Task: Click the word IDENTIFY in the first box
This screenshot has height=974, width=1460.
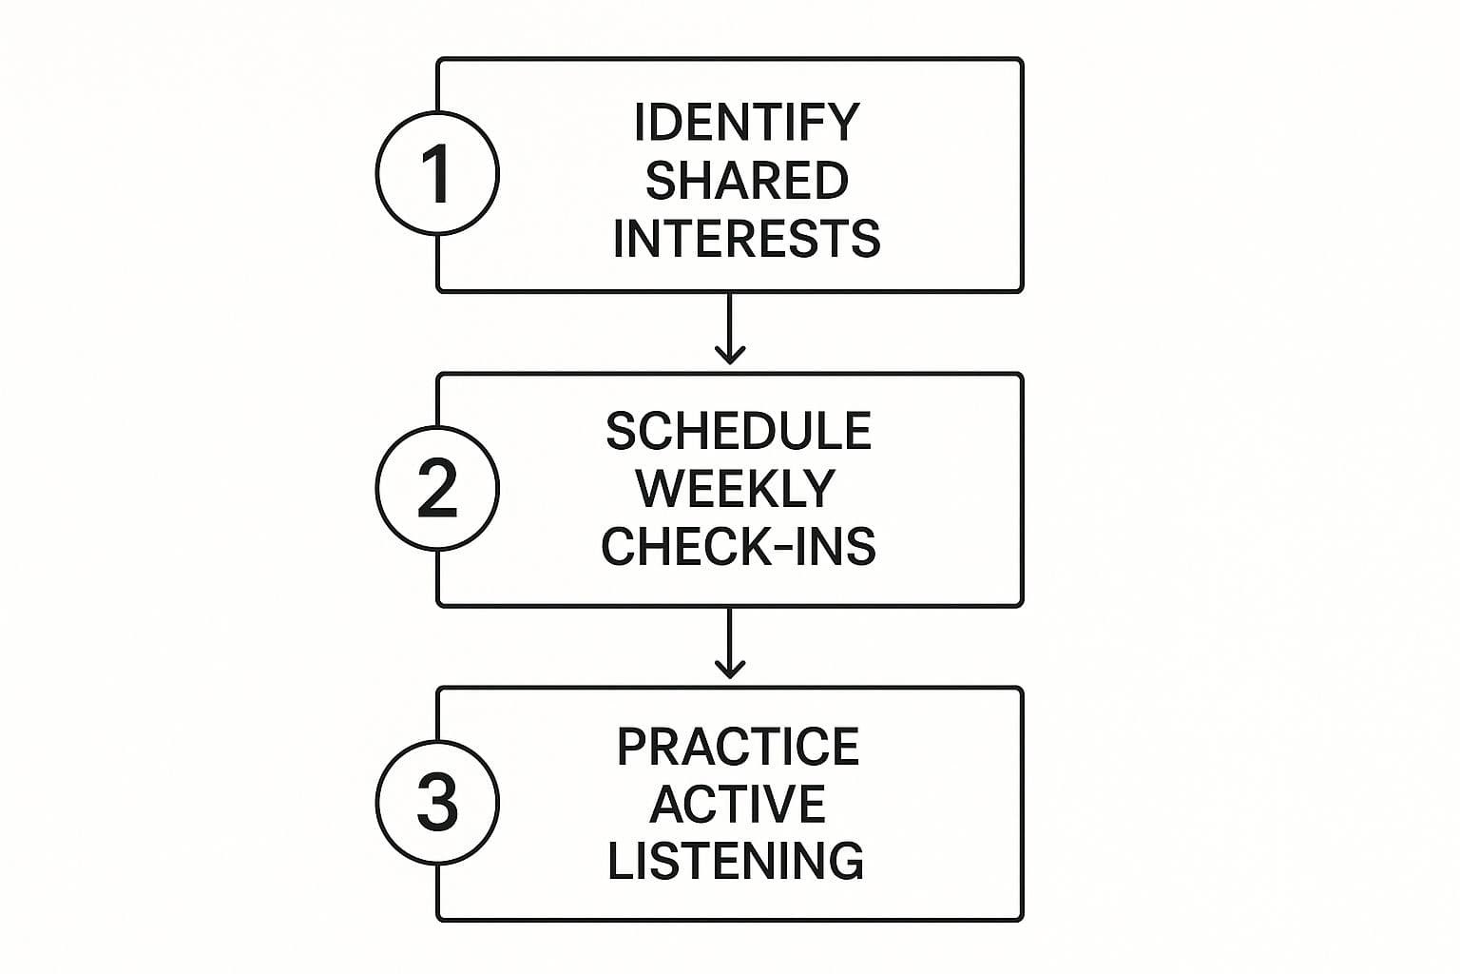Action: (746, 122)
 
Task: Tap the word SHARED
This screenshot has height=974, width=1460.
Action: (746, 180)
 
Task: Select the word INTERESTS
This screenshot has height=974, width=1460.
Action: (746, 238)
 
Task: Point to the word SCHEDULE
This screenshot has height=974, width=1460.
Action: (739, 432)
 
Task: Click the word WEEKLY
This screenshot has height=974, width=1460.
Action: (736, 489)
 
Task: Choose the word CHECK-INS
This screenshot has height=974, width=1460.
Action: (739, 547)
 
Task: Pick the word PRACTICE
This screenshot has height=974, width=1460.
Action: (738, 747)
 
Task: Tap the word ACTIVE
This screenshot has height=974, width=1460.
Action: (738, 804)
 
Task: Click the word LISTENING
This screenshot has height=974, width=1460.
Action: (736, 861)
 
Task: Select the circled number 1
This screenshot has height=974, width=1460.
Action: (437, 173)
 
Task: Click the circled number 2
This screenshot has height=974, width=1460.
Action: (437, 488)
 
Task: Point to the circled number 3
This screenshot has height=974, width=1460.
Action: (437, 802)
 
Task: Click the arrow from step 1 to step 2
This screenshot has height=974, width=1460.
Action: (729, 328)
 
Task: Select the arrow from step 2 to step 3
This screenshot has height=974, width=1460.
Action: (729, 642)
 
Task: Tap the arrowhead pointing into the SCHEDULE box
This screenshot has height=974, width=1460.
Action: (729, 357)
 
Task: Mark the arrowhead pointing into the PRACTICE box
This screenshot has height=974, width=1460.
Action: (729, 671)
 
